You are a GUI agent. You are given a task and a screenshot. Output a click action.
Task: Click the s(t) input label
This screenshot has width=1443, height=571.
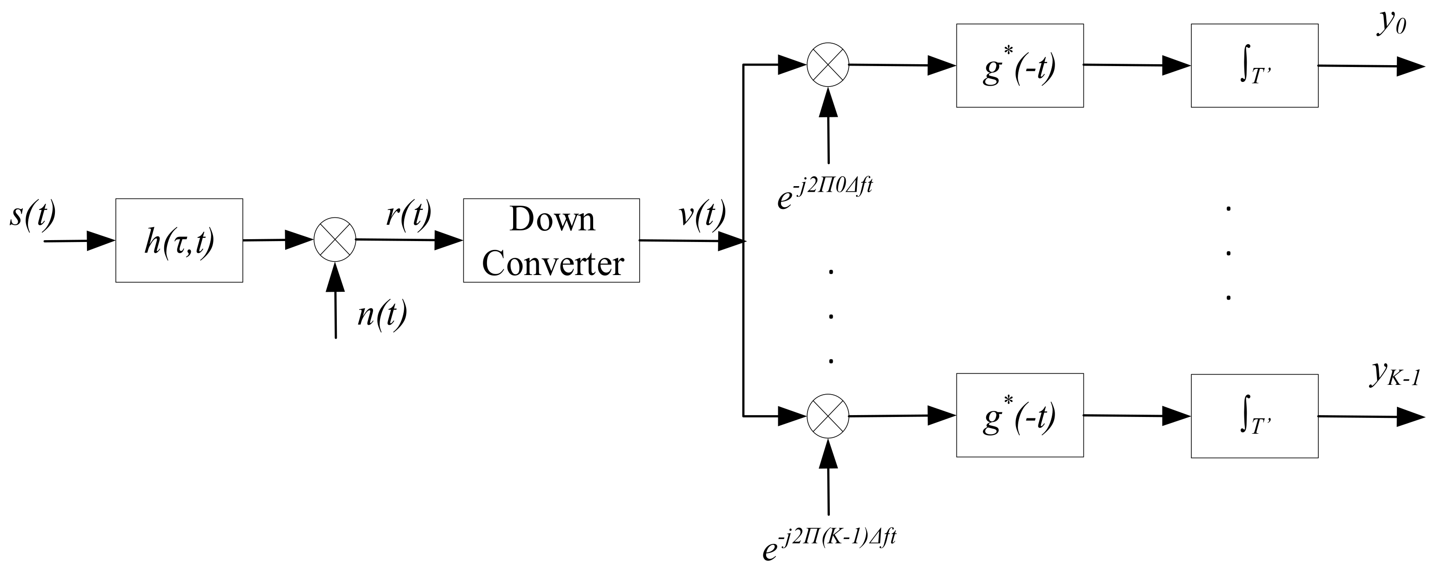(x=33, y=216)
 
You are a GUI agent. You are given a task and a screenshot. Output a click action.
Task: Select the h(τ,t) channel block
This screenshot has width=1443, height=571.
(x=179, y=241)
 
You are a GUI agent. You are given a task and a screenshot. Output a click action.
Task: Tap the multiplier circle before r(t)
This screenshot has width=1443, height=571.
(x=334, y=239)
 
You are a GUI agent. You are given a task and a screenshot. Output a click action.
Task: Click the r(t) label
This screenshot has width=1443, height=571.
(x=409, y=214)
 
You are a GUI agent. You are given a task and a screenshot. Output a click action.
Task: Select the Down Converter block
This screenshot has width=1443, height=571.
(x=551, y=241)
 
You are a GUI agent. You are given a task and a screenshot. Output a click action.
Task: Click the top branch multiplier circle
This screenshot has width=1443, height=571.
(x=828, y=64)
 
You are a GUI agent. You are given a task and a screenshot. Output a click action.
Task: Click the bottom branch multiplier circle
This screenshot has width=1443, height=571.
(x=828, y=416)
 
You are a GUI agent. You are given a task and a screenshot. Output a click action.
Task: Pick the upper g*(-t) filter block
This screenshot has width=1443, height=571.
(x=1020, y=65)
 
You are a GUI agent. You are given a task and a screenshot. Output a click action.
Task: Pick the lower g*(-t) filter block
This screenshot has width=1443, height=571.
(x=1020, y=415)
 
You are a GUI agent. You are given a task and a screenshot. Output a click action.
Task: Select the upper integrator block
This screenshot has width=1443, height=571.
(x=1254, y=65)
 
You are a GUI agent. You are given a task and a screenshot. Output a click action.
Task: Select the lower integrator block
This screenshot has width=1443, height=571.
(x=1254, y=415)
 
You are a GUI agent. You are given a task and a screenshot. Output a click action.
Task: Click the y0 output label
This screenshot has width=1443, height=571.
(x=1391, y=24)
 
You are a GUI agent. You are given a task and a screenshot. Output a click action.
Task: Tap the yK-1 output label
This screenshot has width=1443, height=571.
(x=1395, y=375)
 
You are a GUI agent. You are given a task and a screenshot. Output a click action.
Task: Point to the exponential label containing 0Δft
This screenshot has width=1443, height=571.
(x=825, y=192)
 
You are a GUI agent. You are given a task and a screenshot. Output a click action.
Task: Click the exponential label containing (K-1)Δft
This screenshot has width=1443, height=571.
(x=829, y=543)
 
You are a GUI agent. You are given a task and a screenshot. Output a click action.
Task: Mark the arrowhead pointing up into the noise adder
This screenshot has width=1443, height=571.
(x=335, y=276)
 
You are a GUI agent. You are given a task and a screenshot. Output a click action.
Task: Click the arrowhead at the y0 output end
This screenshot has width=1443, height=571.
(x=1410, y=66)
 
